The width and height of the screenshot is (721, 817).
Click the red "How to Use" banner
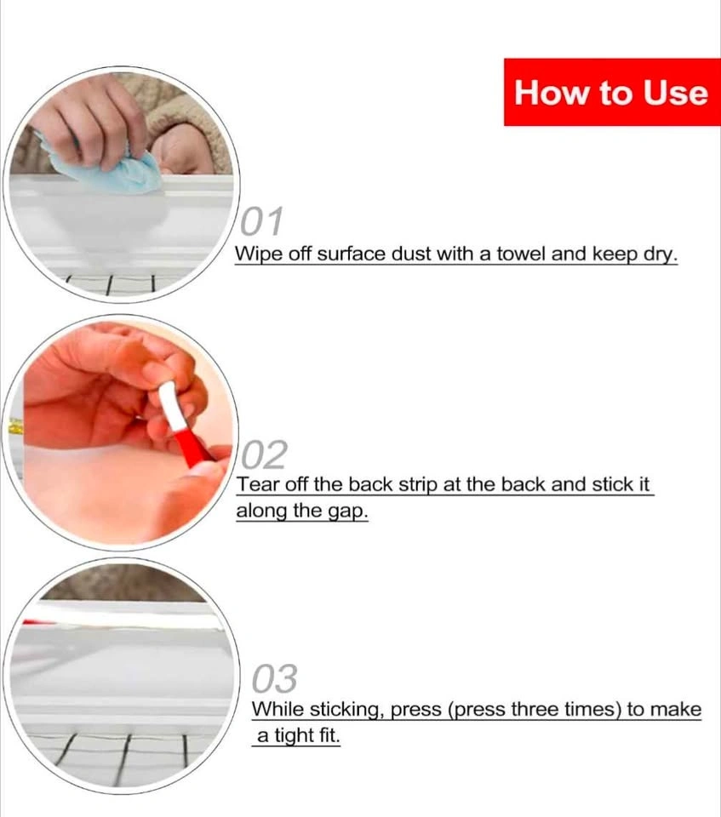pyautogui.click(x=612, y=92)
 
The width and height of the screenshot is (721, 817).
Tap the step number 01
pyautogui.click(x=261, y=221)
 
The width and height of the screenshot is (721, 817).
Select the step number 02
pyautogui.click(x=265, y=454)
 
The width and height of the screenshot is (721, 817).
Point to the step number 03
pyautogui.click(x=275, y=678)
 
